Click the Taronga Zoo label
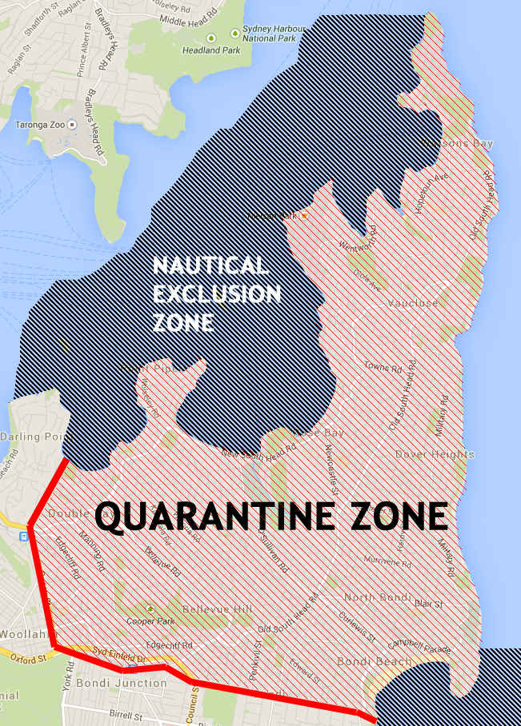40,125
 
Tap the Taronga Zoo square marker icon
72,125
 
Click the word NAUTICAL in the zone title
209,266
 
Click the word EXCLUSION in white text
217,294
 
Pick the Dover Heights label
435,454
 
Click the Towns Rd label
383,367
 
